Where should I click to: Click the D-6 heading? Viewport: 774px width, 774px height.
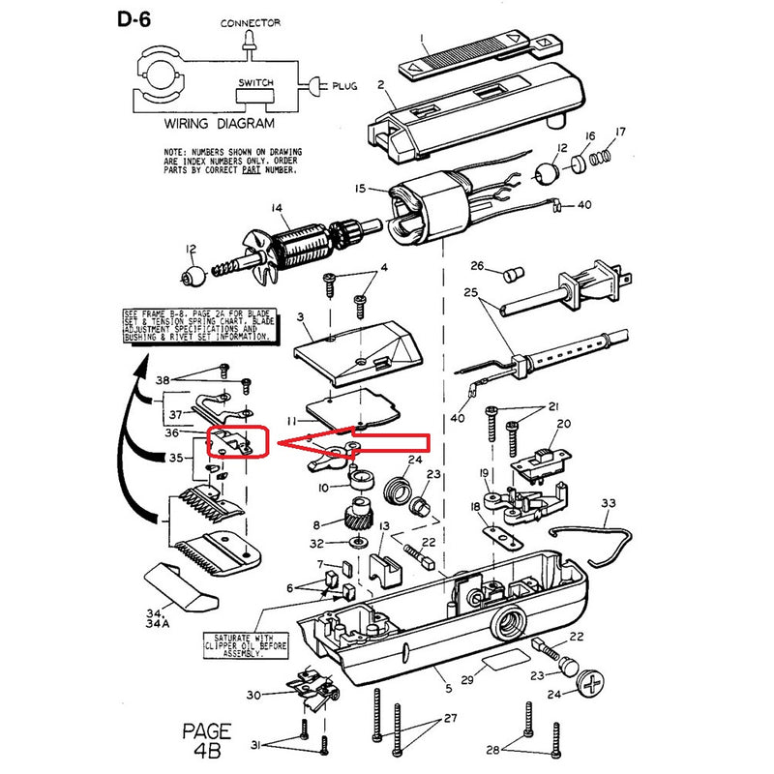pyautogui.click(x=139, y=19)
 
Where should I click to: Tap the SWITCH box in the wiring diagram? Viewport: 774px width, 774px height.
pyautogui.click(x=254, y=91)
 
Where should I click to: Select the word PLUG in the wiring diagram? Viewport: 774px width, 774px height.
pyautogui.click(x=344, y=86)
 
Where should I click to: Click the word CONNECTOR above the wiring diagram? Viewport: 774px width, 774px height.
pyautogui.click(x=250, y=22)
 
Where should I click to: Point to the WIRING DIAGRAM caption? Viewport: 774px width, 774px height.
pyautogui.click(x=219, y=124)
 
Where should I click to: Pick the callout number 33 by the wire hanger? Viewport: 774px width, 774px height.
pyautogui.click(x=608, y=503)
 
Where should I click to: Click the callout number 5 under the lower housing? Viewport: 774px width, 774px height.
pyautogui.click(x=448, y=688)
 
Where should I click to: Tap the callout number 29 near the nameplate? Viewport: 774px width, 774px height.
pyautogui.click(x=466, y=681)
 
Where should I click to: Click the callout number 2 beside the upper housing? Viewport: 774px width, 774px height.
pyautogui.click(x=380, y=85)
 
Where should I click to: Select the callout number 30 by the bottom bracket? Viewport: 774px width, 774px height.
pyautogui.click(x=253, y=695)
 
